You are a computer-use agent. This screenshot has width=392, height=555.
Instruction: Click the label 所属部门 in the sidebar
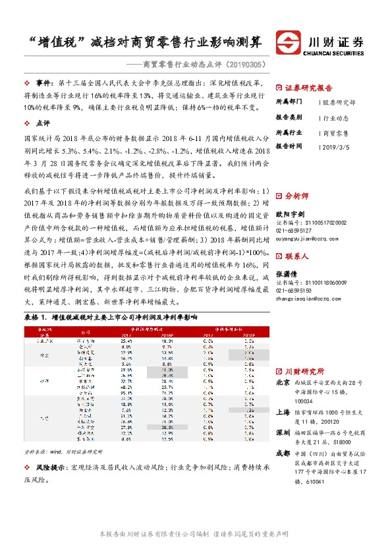click(289, 103)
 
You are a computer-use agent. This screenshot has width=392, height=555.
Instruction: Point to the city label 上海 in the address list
click(282, 409)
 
